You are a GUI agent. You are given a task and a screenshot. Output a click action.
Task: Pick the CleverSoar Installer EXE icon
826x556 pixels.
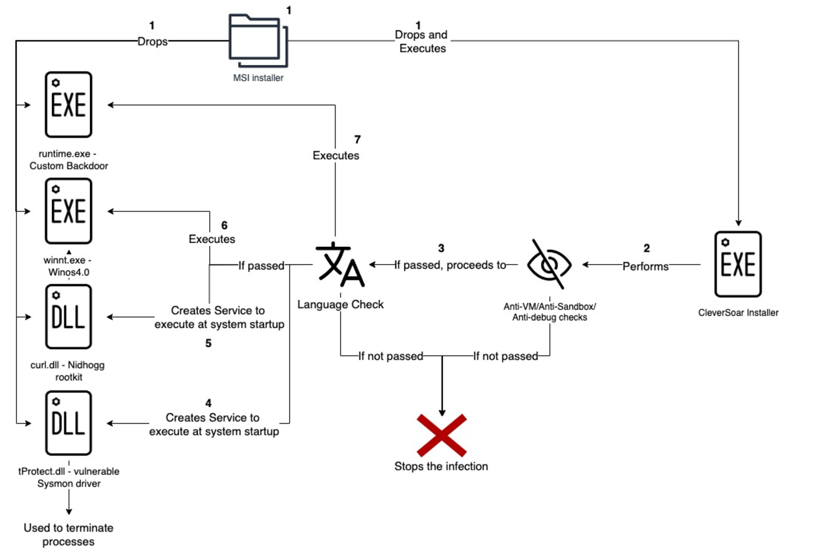coord(738,263)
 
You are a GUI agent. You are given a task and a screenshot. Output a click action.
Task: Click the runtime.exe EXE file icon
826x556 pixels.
coord(68,104)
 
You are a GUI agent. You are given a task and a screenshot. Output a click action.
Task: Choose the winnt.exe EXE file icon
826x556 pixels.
coord(68,211)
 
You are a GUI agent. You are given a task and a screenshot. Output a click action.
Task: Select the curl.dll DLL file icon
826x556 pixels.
coord(68,317)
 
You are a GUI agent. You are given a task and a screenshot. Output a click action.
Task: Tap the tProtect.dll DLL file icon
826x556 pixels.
coord(68,423)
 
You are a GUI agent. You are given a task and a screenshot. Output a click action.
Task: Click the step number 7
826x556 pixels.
coord(357,139)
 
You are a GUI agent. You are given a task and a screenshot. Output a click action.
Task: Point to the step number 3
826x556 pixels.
coord(441,248)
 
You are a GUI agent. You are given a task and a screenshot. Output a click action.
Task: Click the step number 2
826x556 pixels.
coord(646,248)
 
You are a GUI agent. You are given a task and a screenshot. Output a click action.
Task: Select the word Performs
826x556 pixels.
coord(645,266)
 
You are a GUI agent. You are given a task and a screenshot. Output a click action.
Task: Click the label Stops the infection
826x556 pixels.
coord(441,466)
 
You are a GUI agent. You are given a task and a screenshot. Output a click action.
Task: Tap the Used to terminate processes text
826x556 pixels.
coord(69,535)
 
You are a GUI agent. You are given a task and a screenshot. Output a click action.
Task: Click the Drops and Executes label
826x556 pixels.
coord(422,41)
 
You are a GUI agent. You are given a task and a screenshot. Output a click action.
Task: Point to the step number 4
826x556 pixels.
coord(209,403)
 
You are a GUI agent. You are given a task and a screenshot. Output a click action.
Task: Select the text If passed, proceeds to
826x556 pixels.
coord(450,265)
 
